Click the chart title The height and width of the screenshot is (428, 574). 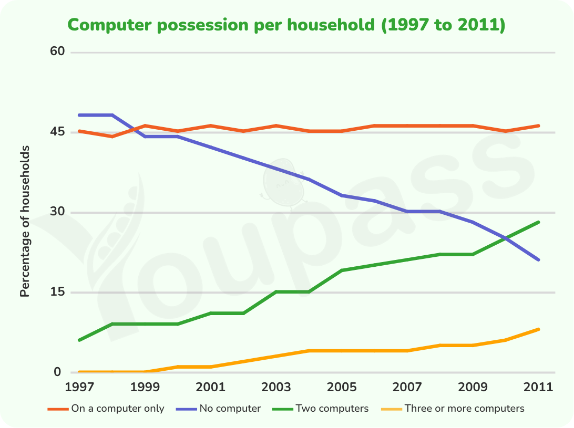coord(286,25)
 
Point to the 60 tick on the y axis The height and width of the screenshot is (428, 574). coord(57,51)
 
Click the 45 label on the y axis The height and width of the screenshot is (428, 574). coord(57,131)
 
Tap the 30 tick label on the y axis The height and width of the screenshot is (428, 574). coord(57,212)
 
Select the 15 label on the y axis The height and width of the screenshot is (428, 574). coord(57,291)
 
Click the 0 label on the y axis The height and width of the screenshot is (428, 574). coord(57,372)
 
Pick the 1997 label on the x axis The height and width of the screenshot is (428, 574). coord(79,387)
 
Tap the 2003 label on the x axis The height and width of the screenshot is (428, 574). coord(276,387)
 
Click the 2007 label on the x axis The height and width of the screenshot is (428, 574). coord(407,387)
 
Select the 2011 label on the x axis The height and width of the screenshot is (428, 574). coord(538,387)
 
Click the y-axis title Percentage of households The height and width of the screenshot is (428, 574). coord(25,221)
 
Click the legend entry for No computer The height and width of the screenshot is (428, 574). coord(219,409)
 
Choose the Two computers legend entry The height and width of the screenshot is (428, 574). coord(321,409)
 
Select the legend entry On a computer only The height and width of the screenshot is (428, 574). coord(106,409)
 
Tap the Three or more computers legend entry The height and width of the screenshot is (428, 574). coord(453,409)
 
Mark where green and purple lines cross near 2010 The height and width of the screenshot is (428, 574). coord(506,238)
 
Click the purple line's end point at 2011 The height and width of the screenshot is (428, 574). coord(538,260)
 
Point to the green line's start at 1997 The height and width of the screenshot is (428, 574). coord(79,340)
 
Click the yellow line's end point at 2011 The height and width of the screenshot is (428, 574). coord(538,330)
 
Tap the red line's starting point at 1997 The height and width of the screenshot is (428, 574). coord(79,131)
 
